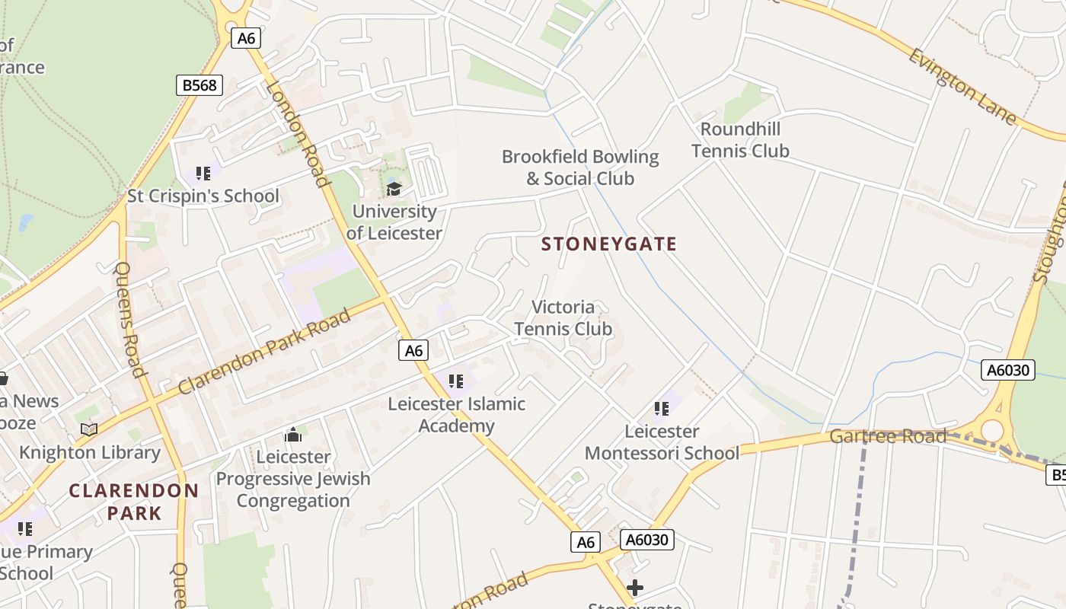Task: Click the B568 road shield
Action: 199,84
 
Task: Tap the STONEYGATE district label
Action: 608,244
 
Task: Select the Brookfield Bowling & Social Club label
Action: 580,167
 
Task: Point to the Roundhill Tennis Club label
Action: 740,140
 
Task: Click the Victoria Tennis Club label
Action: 563,318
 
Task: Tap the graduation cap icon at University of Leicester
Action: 394,189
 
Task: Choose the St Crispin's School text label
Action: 203,196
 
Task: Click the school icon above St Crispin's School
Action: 203,174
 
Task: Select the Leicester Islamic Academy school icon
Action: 456,381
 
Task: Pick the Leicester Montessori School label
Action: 662,442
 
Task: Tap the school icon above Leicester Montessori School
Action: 662,409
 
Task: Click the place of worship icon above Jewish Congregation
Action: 293,435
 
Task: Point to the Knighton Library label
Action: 90,453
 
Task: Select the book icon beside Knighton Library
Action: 89,429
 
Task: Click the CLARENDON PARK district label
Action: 134,502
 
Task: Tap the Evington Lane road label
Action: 962,86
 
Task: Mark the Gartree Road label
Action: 888,436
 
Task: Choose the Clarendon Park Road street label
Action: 264,351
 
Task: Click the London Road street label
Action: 297,132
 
